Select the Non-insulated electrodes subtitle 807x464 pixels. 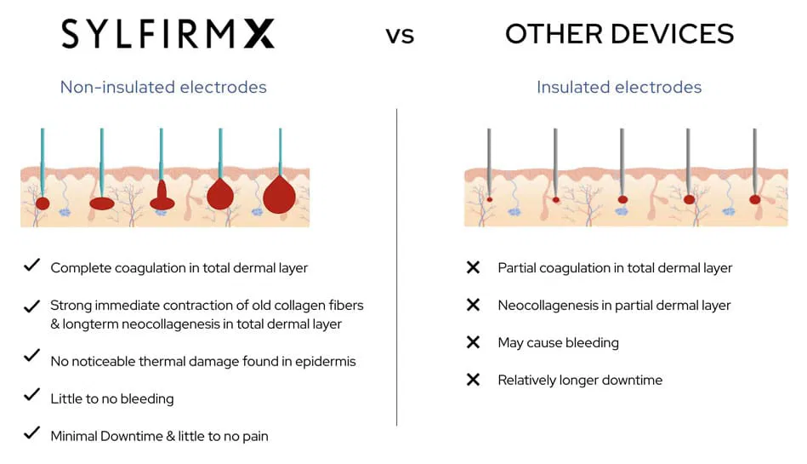163,87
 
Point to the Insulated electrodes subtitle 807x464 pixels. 619,87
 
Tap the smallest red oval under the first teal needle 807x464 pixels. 43,203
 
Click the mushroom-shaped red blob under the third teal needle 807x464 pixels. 162,198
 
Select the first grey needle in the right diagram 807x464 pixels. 489,162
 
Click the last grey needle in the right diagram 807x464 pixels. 754,162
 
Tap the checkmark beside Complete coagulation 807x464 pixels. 31,266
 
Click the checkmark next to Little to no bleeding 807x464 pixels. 31,396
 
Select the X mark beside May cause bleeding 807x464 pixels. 474,342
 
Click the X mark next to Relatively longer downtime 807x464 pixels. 474,380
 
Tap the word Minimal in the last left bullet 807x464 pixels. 73,436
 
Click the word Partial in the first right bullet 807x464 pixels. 518,267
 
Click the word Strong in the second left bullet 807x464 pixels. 71,305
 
